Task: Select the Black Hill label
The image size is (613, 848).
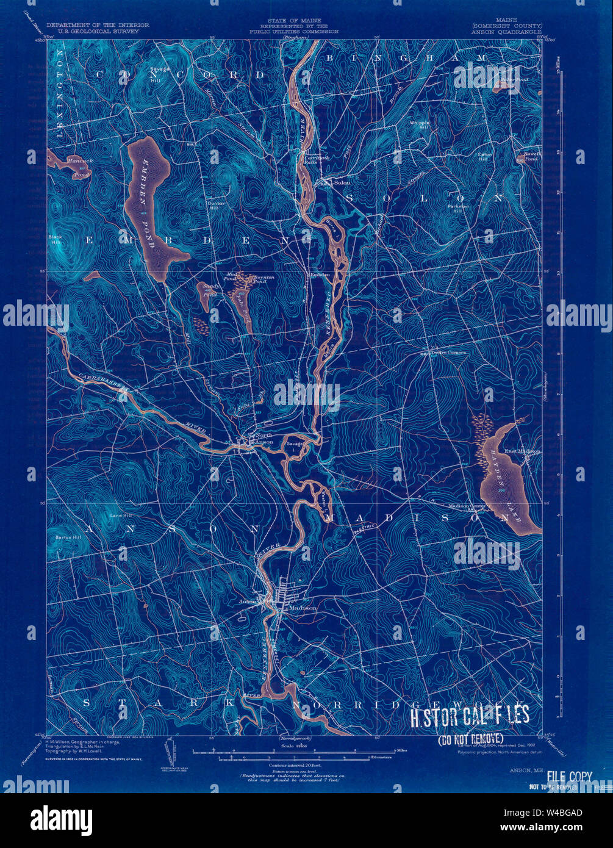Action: tap(56, 239)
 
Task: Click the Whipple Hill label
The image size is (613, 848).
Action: tap(420, 125)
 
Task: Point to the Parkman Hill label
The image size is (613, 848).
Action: tap(458, 209)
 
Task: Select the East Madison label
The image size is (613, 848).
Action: tap(522, 451)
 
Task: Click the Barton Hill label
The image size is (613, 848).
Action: tap(68, 537)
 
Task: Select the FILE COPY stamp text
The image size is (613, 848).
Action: tap(569, 777)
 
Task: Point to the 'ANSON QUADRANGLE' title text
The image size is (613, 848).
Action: tap(506, 31)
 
